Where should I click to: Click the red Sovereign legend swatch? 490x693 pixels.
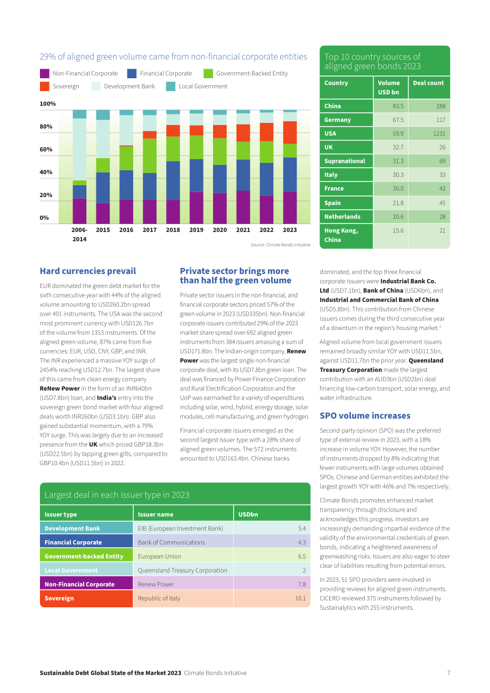pos(45,86)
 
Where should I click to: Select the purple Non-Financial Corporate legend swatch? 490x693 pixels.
pos(45,73)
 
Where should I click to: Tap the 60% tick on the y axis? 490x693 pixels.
pos(46,150)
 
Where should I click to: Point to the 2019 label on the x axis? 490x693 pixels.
pos(196,230)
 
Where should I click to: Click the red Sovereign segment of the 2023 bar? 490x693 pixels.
pos(290,133)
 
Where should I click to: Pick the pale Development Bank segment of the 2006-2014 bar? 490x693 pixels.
pos(79,150)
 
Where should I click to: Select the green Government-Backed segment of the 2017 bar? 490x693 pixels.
pos(150,155)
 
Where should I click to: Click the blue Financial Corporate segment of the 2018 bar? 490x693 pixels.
pos(173,180)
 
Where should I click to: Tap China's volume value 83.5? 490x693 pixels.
pos(398,106)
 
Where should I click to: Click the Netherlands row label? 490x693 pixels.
pos(342,217)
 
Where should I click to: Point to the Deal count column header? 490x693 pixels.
pos(428,83)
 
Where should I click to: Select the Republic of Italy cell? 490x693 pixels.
pos(159,598)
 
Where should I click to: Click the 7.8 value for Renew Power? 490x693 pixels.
pos(302,584)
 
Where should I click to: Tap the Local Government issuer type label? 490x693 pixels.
pos(71,570)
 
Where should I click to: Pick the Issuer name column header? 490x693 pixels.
pos(156,514)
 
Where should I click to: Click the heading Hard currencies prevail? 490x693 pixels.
pos(87,271)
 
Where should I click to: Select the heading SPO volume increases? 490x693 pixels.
pos(365,416)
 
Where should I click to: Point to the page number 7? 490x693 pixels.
pos(448,673)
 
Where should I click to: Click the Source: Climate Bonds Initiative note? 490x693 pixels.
pos(281,245)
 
